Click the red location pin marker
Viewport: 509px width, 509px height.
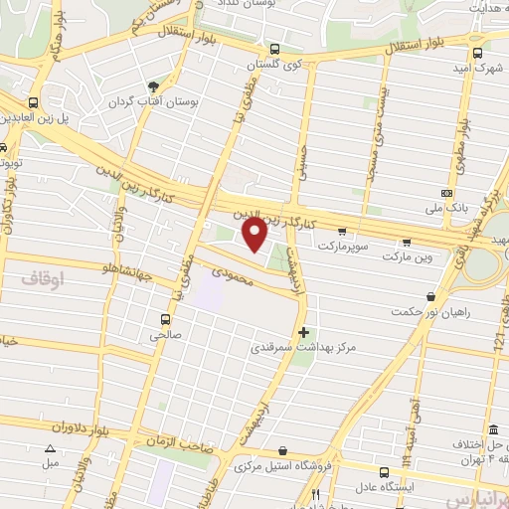(254, 236)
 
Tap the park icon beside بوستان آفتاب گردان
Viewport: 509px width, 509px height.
(151, 86)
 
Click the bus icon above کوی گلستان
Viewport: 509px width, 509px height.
(274, 49)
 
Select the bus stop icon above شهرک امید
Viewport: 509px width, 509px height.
(478, 53)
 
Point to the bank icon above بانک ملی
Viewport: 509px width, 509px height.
(446, 193)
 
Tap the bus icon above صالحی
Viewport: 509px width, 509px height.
(166, 320)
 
